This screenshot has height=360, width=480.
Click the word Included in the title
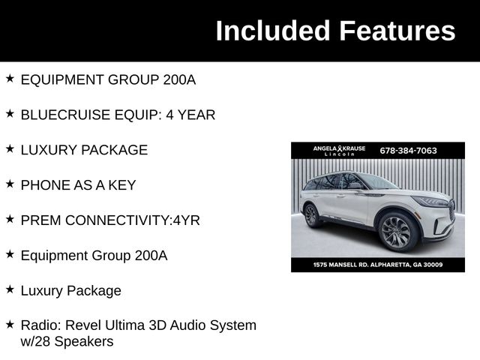coord(273,31)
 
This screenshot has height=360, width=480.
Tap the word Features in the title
coord(396,31)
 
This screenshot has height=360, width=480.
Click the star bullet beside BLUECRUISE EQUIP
coord(10,114)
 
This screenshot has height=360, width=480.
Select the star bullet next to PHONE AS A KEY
coord(10,184)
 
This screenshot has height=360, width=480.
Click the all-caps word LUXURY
coord(48,150)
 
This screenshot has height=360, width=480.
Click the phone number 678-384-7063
coord(408,150)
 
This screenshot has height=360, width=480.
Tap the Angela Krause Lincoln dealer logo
coord(339,150)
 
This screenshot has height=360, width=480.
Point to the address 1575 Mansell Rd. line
coord(378,265)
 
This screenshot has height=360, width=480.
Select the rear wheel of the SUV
coord(312,215)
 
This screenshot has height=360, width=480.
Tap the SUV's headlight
coord(432,201)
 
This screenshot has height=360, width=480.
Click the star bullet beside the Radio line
coord(10,325)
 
